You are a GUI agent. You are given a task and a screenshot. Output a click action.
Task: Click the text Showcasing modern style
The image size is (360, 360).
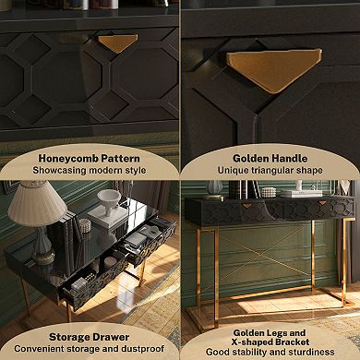90,170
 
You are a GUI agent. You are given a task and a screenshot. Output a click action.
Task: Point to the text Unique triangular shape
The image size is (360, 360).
270,171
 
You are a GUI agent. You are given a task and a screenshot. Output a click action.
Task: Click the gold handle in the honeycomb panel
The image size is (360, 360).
119,42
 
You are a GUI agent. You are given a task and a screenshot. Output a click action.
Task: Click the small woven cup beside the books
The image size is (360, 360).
84,224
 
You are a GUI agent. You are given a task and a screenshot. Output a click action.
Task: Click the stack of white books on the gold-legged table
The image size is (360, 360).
297,192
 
